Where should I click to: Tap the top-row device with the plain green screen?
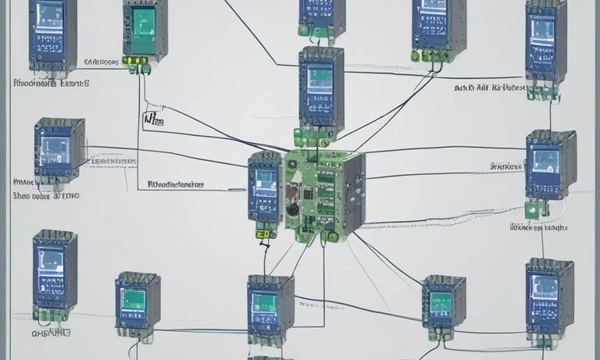point(145,30)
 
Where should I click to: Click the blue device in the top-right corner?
point(545,39)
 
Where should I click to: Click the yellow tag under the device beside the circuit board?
point(264,233)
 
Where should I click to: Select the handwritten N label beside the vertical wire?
point(150,119)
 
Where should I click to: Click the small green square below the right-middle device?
point(532,209)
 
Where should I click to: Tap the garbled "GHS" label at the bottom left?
point(51,332)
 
